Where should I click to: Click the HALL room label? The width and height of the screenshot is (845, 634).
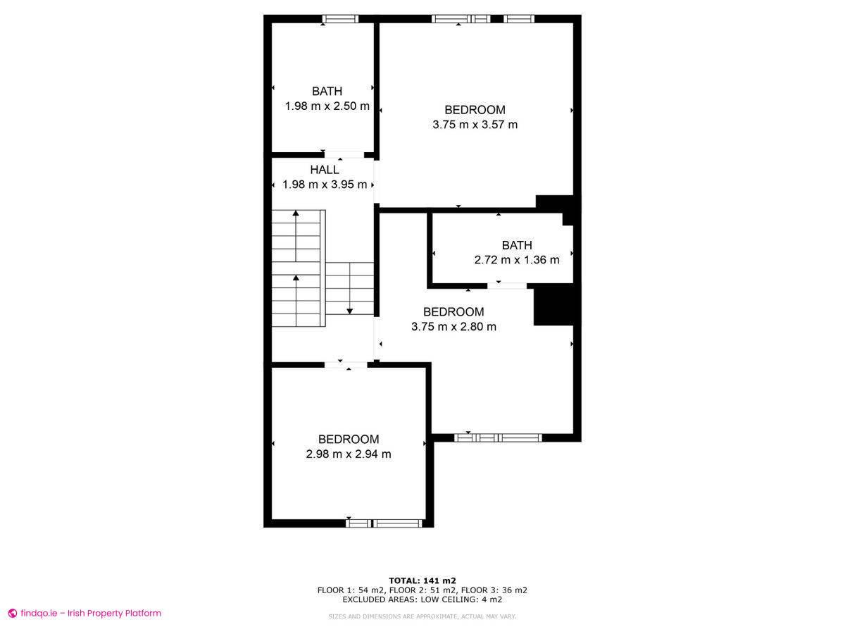(x=324, y=169)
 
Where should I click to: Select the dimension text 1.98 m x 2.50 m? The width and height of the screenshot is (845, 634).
(x=327, y=106)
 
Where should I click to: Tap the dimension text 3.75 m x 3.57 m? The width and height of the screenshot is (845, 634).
(x=475, y=125)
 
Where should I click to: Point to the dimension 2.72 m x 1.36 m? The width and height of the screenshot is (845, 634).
(x=517, y=260)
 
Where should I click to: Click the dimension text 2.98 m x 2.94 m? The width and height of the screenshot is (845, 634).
(x=349, y=454)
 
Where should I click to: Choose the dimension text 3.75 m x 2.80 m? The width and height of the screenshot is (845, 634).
(x=453, y=327)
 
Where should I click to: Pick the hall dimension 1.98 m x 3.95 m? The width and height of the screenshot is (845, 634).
(x=325, y=185)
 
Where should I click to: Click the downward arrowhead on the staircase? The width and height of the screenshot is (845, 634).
(x=349, y=311)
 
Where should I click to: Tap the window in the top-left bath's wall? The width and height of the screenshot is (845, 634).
(x=340, y=19)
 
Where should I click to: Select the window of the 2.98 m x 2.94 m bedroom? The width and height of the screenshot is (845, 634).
(x=384, y=523)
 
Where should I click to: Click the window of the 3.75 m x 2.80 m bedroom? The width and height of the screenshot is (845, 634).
(x=498, y=437)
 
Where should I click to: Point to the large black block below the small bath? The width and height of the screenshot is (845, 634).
(x=553, y=307)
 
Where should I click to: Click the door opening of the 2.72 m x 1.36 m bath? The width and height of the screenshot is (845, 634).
(x=507, y=285)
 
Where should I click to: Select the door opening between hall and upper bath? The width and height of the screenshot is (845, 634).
(x=344, y=155)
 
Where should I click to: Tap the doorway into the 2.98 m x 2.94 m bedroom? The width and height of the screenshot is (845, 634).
(x=346, y=365)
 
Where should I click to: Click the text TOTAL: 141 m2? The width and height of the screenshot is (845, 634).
(x=423, y=580)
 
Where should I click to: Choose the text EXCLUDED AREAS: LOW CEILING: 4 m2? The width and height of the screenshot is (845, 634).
(x=423, y=599)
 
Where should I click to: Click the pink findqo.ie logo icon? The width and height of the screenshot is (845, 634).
(x=13, y=613)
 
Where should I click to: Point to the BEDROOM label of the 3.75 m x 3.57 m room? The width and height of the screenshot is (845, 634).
(x=475, y=110)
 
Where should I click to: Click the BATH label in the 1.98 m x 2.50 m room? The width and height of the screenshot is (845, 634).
(x=327, y=92)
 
